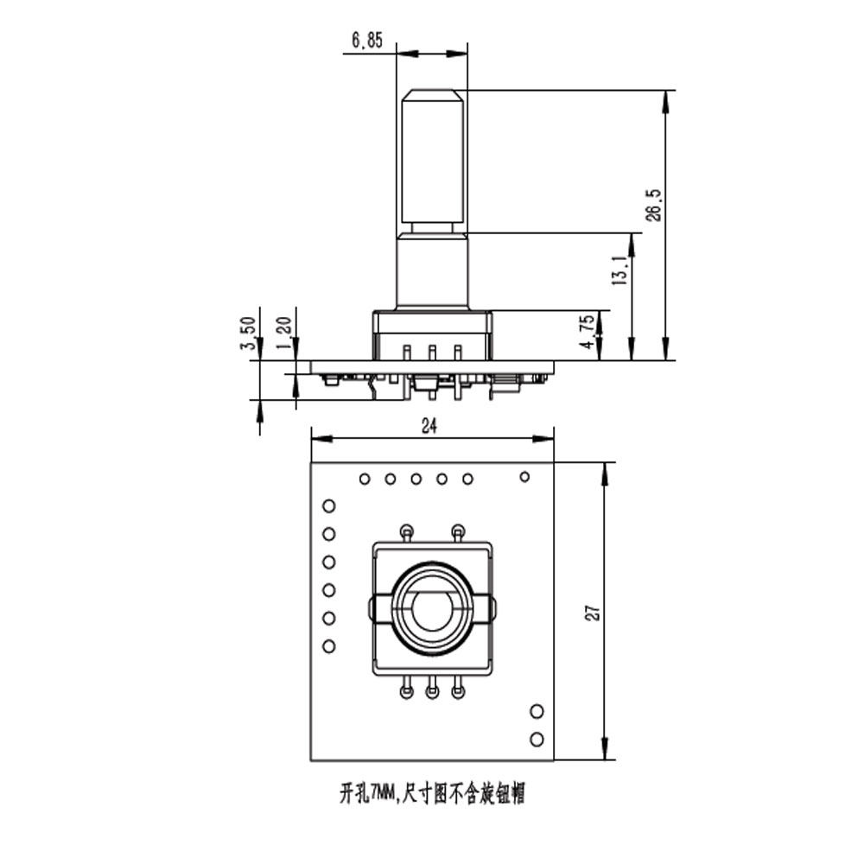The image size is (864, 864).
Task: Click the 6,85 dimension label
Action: [367, 40]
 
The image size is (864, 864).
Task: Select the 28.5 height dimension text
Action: [654, 206]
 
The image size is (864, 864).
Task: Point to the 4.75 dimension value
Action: [588, 333]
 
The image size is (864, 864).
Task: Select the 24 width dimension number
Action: [429, 425]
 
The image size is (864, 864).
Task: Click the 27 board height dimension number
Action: [593, 612]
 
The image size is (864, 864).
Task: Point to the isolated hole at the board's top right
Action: [524, 476]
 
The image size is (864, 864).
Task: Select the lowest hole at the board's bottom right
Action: [537, 740]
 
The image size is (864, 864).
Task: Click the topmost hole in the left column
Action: [328, 506]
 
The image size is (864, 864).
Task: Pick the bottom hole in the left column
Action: [328, 646]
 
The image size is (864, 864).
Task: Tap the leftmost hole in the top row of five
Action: [365, 479]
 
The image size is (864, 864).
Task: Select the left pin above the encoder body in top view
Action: [406, 530]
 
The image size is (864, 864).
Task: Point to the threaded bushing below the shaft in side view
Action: [432, 270]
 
